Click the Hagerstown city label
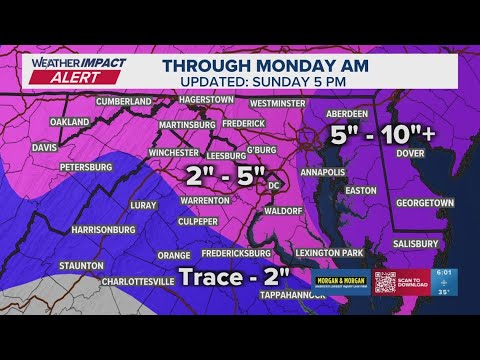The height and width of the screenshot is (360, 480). pos(206,100)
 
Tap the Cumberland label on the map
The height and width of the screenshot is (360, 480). pos(124,101)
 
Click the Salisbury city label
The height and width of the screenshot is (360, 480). pos(415,243)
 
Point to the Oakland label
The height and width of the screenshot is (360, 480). pos(69,122)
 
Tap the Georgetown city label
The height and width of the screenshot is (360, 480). pos(424,202)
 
